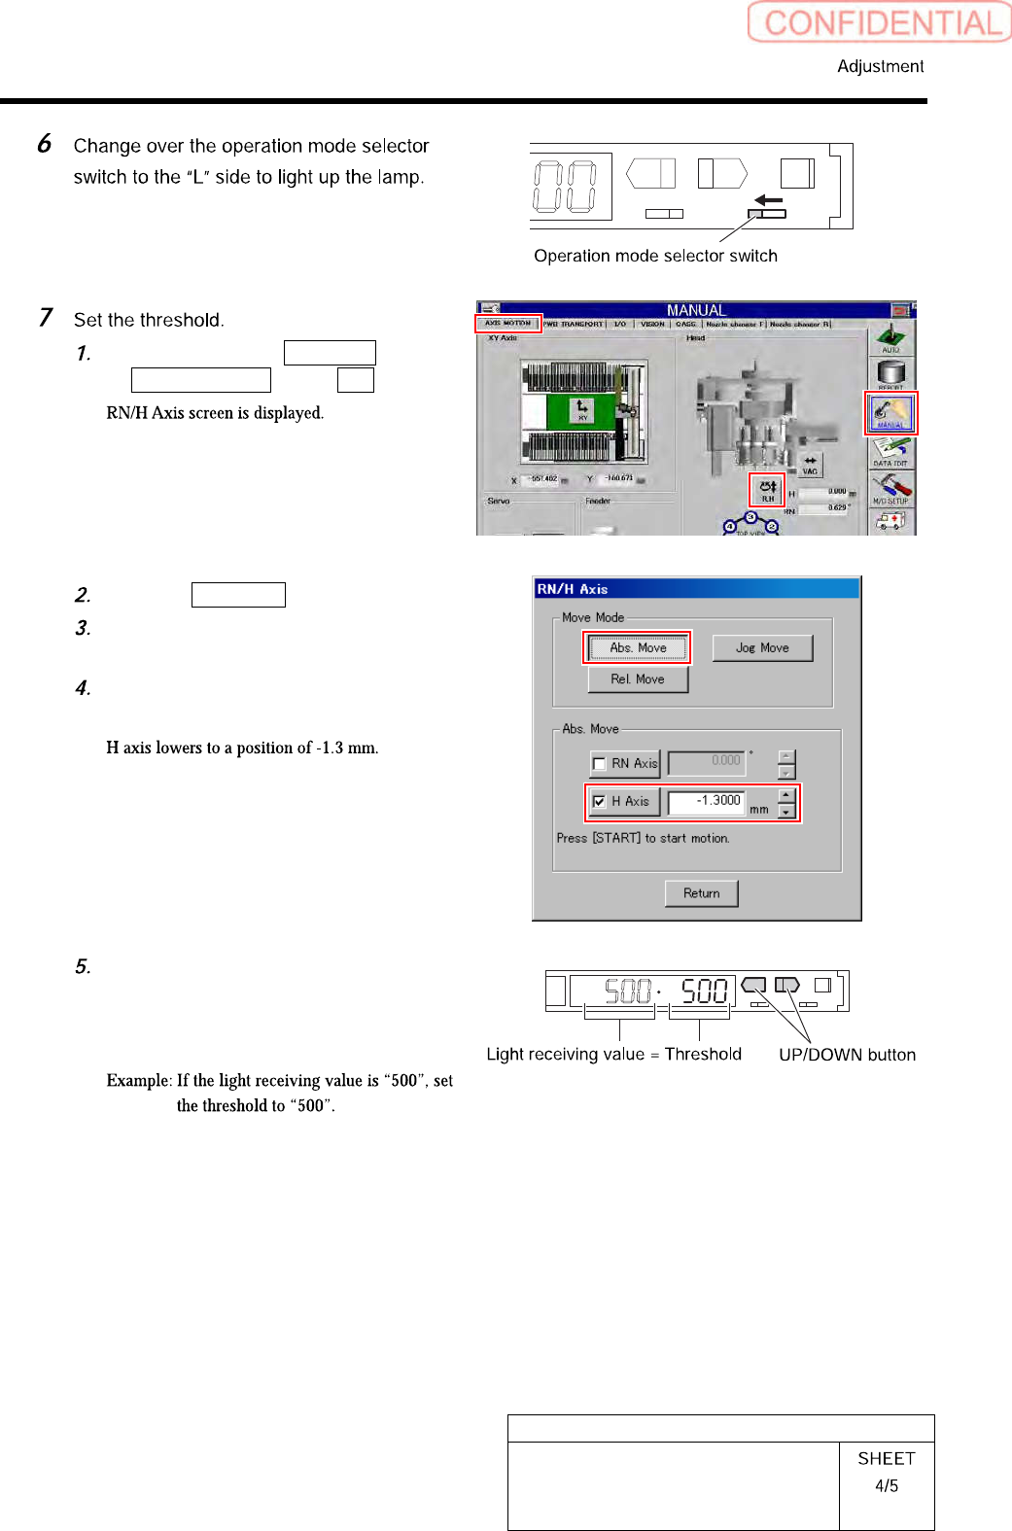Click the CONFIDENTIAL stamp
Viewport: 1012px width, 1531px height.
880,22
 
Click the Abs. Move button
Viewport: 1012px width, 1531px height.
638,647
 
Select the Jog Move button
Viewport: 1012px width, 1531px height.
762,647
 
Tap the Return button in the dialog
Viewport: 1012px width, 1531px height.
701,893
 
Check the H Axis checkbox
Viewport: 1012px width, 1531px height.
600,802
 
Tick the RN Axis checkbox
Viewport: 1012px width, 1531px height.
600,764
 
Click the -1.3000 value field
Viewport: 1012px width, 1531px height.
707,801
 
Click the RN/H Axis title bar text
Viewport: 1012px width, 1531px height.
573,589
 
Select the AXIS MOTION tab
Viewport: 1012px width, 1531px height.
507,324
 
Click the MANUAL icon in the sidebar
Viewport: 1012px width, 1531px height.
890,412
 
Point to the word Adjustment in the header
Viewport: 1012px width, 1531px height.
880,66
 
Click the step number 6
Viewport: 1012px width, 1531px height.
45,144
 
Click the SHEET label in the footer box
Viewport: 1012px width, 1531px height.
886,1458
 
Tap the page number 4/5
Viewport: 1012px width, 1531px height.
886,1485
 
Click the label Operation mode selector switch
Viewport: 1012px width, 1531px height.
655,256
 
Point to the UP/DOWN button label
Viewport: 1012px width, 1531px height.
847,1055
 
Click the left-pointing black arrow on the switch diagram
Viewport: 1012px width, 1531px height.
769,200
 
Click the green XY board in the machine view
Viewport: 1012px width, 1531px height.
582,410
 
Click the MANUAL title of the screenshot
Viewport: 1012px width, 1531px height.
695,310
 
